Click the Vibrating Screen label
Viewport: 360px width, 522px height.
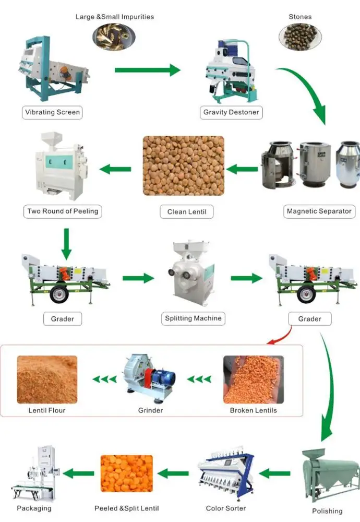52,112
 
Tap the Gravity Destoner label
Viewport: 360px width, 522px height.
231,112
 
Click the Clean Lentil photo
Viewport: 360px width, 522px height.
184,166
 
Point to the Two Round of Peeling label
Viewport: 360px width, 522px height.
62,211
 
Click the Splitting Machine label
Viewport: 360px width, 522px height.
193,318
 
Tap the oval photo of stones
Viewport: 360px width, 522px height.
300,36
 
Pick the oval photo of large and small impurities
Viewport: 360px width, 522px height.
114,36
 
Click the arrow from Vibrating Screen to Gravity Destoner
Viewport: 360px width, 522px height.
147,70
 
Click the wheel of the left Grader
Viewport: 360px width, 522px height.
59,295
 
